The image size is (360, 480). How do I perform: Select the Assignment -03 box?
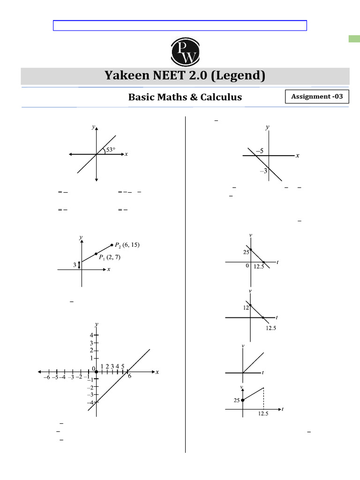pos(317,97)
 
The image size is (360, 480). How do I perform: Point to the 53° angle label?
pos(110,150)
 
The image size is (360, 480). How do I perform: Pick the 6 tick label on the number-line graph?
pos(129,376)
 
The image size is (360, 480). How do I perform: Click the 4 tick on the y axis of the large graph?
pos(92,335)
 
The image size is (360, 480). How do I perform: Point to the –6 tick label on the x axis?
pos(46,377)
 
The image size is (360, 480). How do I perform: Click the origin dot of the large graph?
pos(97,372)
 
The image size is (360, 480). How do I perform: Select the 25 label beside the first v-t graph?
pos(245,252)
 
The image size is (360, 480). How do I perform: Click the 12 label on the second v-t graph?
pos(246,308)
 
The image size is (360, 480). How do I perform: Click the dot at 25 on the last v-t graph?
pos(242,400)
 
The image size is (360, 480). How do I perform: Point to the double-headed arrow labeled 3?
pos(80,265)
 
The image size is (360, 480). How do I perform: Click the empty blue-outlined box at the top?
pos(180,25)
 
